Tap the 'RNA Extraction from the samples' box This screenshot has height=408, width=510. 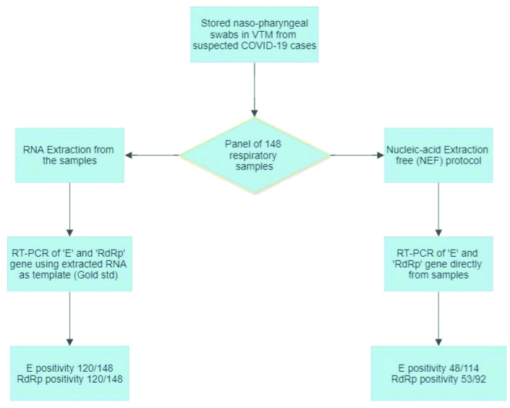70,155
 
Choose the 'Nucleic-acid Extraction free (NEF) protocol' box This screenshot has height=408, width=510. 438,155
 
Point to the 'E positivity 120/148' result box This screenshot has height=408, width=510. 70,373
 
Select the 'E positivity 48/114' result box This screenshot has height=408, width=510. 438,373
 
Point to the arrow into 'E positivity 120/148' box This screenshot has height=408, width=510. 70,318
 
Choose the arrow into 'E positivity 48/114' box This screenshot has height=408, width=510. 438,318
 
